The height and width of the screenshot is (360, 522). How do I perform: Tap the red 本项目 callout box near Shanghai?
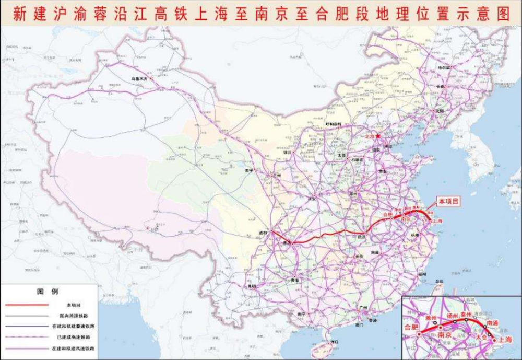pyautogui.click(x=448, y=201)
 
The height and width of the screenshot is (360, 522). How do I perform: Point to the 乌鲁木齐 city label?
pyautogui.click(x=140, y=79)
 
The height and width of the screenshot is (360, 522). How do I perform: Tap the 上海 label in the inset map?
pyautogui.click(x=505, y=339)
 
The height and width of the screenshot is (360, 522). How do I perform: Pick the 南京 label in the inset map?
pyautogui.click(x=444, y=334)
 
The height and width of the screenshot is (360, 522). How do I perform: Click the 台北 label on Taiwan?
pyautogui.click(x=438, y=282)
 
